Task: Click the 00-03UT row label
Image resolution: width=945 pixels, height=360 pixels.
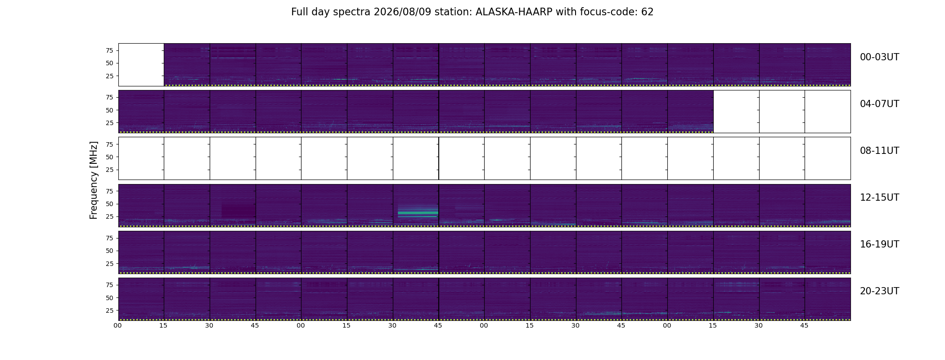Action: [879, 57]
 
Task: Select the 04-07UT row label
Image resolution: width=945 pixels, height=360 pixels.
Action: [879, 104]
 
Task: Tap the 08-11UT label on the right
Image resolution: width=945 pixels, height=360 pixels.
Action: [879, 151]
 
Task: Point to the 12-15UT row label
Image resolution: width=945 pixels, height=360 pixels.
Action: [879, 198]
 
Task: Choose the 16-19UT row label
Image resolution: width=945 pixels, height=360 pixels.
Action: [879, 244]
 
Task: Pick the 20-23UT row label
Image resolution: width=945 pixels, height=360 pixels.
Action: [879, 291]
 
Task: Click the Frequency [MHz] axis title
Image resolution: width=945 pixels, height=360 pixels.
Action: [94, 180]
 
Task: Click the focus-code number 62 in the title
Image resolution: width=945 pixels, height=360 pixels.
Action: [647, 12]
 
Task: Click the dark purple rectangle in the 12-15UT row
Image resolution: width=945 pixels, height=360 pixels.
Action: [238, 211]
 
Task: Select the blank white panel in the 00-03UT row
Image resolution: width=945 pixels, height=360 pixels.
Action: [141, 65]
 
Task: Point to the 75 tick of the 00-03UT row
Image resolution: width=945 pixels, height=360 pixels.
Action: [109, 50]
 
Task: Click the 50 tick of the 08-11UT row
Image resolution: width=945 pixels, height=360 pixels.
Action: [109, 157]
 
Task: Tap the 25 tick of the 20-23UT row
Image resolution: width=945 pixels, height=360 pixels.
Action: [109, 310]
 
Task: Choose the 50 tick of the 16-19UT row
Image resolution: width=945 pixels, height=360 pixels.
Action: [109, 251]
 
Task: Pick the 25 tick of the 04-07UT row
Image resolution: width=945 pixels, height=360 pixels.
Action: [109, 123]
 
